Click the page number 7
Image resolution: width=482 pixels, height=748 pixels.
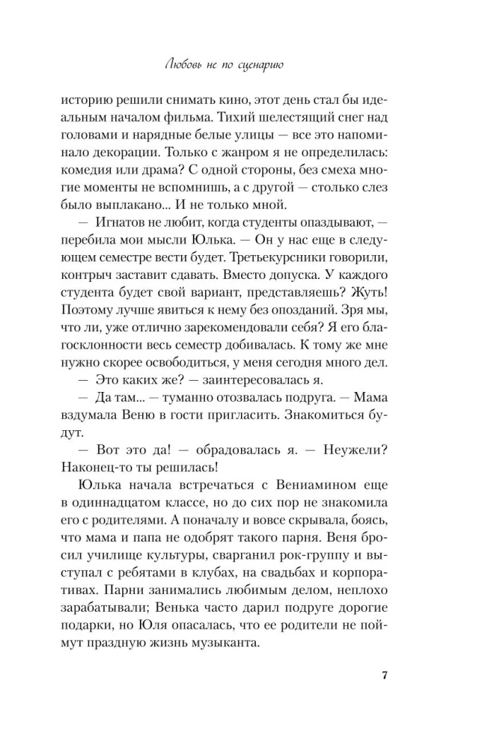(x=384, y=675)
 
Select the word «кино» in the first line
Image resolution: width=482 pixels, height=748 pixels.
(x=271, y=100)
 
